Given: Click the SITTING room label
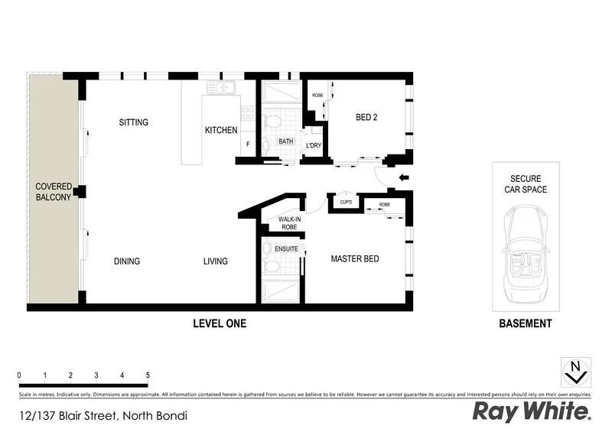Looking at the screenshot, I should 133,122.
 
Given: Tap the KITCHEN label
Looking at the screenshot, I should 220,131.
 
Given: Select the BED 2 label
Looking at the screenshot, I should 366,118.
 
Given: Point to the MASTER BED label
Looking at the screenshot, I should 354,259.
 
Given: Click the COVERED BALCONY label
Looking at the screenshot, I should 53,192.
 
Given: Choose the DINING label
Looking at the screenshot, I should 127,261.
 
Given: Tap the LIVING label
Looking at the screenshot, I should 215,261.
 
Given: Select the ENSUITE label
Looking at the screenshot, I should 286,248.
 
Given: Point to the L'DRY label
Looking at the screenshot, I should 314,145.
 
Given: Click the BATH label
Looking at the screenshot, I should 285,141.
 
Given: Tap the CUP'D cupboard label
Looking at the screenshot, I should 345,203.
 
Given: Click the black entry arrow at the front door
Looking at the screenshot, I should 404,180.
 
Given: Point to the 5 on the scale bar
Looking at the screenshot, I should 147,375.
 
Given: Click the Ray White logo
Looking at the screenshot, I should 532,412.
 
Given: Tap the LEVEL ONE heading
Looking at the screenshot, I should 219,324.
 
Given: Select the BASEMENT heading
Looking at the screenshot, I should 525,324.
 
